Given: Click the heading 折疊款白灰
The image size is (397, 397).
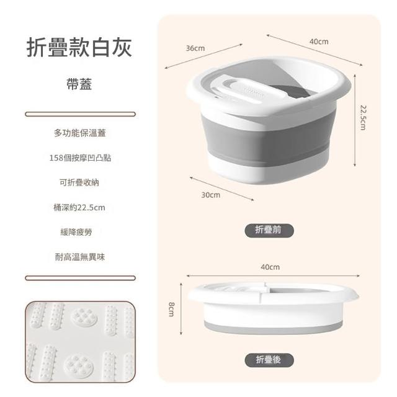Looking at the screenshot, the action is [x=79, y=48].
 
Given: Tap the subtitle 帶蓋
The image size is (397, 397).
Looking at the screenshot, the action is [x=79, y=84].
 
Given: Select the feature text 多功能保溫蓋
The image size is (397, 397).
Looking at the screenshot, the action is [x=80, y=133].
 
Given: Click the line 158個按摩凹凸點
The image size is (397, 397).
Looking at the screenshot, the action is [x=80, y=158].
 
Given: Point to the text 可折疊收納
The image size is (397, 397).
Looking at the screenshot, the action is [x=79, y=182].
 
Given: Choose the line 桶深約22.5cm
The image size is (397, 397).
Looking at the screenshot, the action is [x=79, y=208].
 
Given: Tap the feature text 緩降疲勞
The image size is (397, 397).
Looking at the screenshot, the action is [x=76, y=232].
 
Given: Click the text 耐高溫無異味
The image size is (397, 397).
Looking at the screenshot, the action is [x=80, y=257].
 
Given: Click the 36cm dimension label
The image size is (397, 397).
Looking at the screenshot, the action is [x=195, y=48].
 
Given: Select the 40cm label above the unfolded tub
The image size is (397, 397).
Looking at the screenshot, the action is [x=319, y=42].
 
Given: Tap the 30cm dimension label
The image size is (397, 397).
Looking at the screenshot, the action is [x=211, y=195].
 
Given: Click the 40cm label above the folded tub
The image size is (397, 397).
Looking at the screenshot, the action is [x=270, y=267].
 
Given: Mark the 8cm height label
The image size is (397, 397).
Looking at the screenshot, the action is [x=171, y=309].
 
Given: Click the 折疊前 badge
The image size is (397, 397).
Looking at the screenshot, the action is [x=269, y=230].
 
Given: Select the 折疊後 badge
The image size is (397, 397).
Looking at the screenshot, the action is [x=269, y=360].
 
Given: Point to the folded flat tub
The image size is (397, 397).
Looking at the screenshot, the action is [x=273, y=307].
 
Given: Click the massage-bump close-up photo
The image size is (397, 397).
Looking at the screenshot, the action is [x=80, y=342].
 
